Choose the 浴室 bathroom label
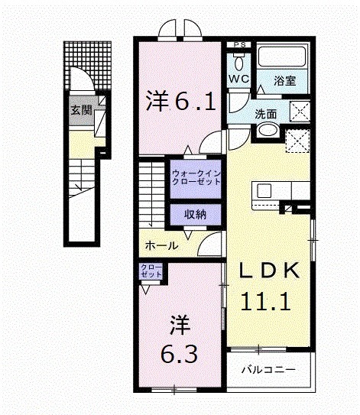tap(286, 79)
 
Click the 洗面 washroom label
tap(266, 114)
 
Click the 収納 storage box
tap(196, 215)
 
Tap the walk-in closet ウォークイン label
tap(196, 177)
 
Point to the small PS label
tap(239, 45)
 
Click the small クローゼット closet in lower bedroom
tap(150, 271)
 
